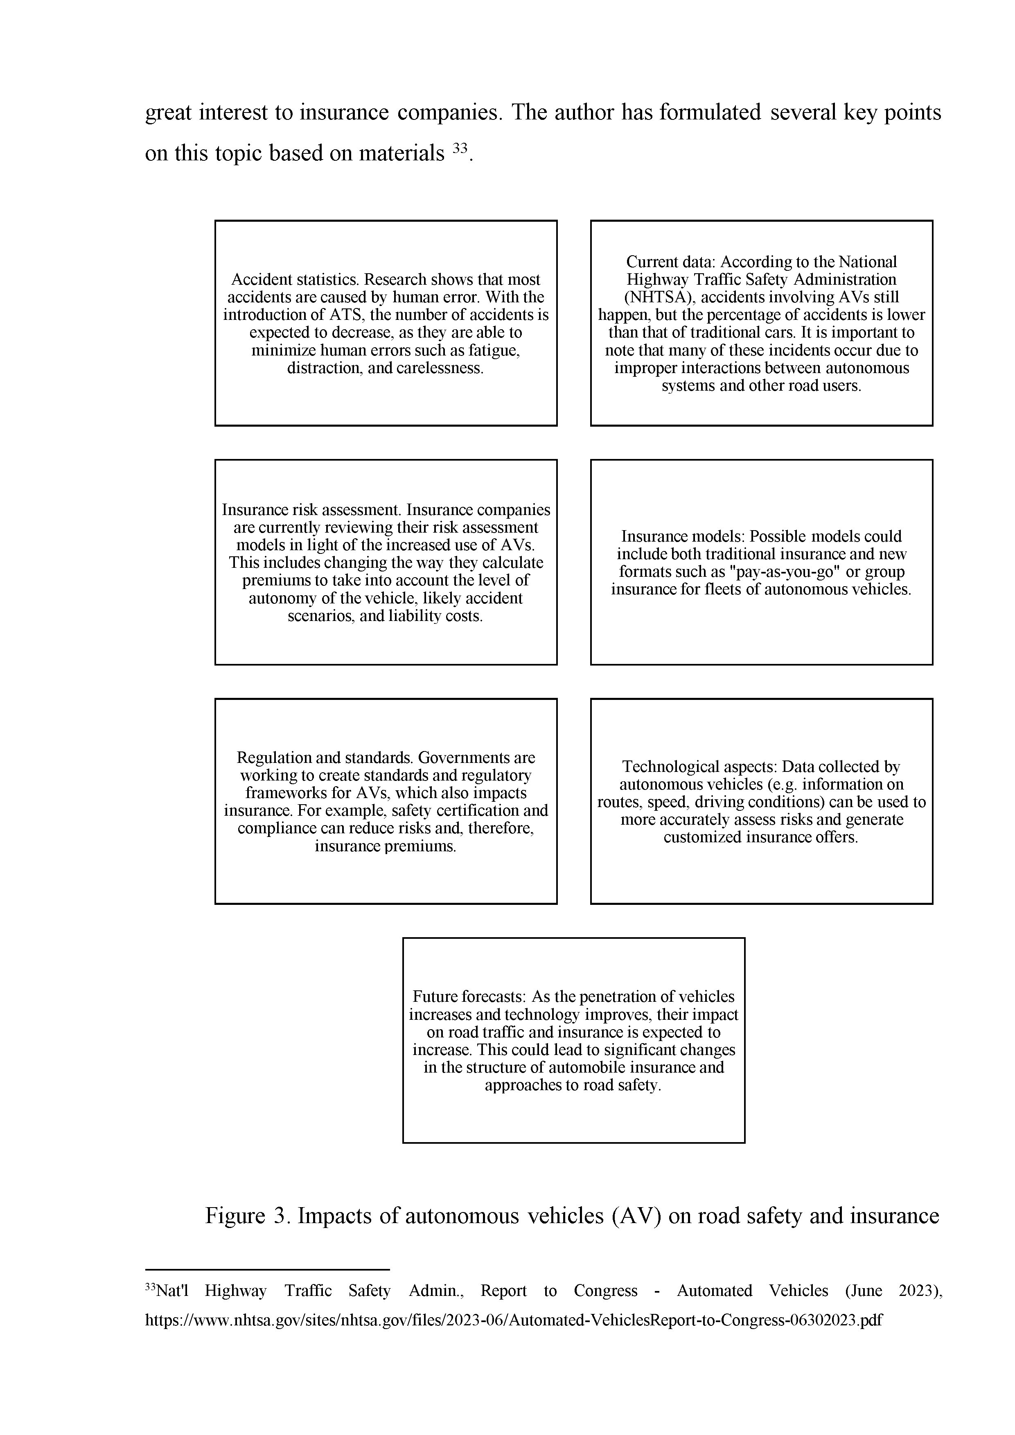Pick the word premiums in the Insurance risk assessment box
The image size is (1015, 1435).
tap(271, 580)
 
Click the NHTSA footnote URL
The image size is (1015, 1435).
tap(514, 1320)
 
